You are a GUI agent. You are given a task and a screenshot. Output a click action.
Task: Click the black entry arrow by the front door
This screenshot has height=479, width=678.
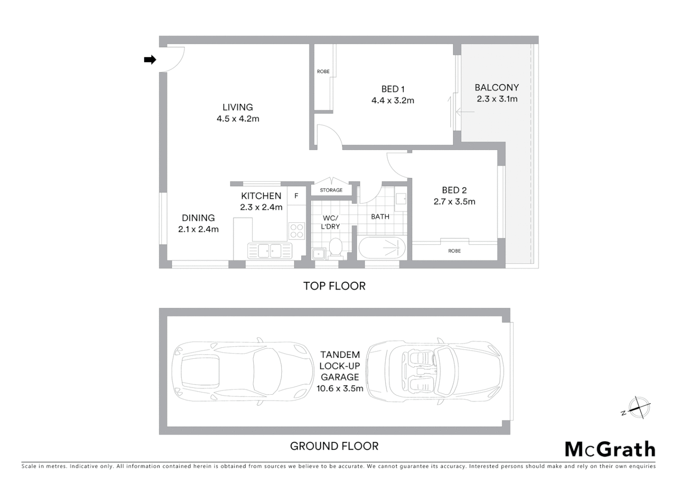[x=150, y=59]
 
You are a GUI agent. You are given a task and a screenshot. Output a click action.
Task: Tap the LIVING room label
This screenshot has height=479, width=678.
[x=238, y=107]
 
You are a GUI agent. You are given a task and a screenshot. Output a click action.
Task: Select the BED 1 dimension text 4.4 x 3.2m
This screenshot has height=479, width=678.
[x=393, y=101]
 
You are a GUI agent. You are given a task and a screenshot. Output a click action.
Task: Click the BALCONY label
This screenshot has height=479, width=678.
[x=497, y=87]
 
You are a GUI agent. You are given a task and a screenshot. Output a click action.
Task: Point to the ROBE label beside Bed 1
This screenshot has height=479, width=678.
[x=323, y=71]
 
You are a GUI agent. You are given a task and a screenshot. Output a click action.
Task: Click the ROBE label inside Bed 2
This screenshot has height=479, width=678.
[x=454, y=251]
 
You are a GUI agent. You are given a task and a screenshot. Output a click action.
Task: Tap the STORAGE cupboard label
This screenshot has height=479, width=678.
[x=331, y=190]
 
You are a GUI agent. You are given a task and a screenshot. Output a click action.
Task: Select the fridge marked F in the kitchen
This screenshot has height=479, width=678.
[x=296, y=196]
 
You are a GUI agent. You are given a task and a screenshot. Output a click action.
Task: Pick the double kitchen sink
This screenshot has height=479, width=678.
[x=270, y=251]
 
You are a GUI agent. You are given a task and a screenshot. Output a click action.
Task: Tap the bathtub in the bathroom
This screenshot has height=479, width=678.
[x=382, y=248]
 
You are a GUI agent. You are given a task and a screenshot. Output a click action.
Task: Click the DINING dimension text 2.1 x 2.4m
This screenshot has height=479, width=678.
[x=198, y=229]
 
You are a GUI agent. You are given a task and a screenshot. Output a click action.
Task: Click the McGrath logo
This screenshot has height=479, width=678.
[x=610, y=449]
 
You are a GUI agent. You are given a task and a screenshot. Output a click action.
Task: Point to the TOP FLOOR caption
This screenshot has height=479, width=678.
[x=334, y=286]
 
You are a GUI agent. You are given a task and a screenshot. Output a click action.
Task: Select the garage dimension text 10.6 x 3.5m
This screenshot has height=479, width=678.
[x=340, y=389]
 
